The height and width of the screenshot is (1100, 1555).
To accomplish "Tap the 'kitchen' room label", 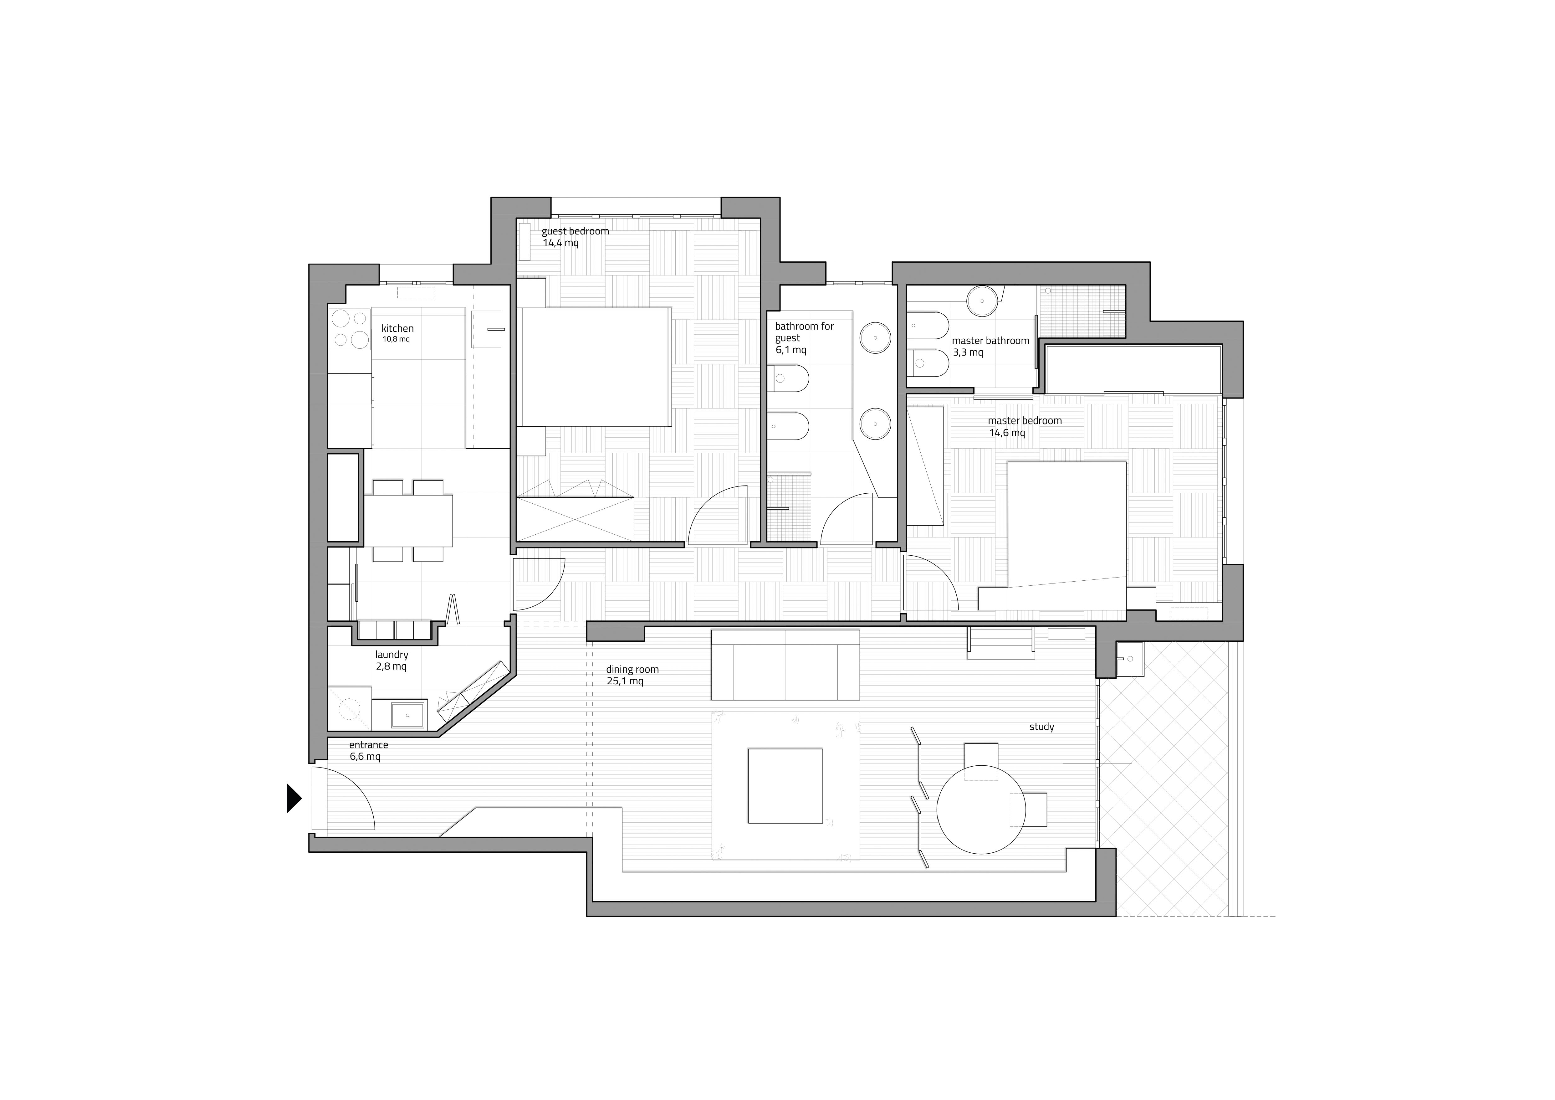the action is tap(397, 328).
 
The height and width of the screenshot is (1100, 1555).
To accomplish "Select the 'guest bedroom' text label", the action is tap(575, 231).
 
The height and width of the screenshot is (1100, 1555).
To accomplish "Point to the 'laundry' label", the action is tap(391, 655).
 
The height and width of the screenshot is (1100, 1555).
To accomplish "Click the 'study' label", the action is tap(1042, 727).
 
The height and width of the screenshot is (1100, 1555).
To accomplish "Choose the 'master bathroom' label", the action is tap(990, 341).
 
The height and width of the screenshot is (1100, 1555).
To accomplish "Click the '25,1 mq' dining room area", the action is tap(625, 681).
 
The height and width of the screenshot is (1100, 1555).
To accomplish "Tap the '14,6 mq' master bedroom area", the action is tap(1007, 433).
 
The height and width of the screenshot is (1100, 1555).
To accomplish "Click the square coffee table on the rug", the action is tap(785, 786).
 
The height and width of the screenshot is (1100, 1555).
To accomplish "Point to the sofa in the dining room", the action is tap(785, 665).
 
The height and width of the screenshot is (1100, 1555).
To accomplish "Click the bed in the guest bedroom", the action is tap(595, 367).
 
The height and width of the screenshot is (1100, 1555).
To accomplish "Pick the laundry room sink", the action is tap(408, 714).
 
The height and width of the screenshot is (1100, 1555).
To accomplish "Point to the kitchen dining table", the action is tap(408, 520).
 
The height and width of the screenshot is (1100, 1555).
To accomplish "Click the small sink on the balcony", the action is tap(1130, 659).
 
